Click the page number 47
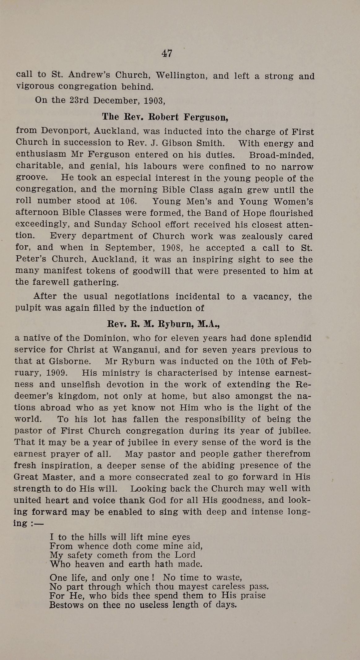[167, 53]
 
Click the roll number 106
[128, 201]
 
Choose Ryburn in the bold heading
[176, 324]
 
